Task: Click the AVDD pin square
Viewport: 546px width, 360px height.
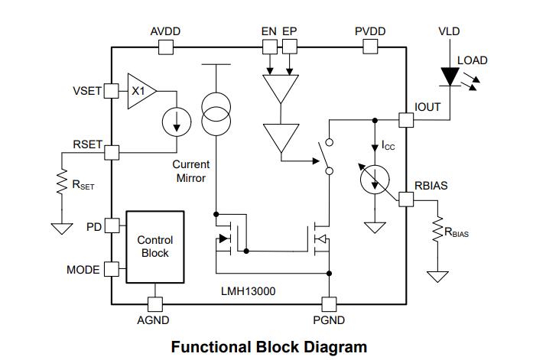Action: [x=165, y=47]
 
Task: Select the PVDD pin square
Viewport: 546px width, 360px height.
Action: [x=371, y=47]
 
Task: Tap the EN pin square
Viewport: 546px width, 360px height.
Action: [x=269, y=47]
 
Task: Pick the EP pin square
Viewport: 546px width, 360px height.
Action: [x=289, y=47]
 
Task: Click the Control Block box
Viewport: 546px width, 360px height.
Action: [x=155, y=246]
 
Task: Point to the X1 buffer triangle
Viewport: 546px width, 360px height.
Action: [x=140, y=91]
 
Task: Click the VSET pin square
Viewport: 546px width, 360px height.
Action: [x=111, y=91]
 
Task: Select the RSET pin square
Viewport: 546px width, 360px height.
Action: [x=112, y=151]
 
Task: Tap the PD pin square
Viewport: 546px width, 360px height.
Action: [x=112, y=225]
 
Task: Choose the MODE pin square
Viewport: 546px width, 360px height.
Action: [x=112, y=268]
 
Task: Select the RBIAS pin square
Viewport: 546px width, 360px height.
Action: [x=407, y=199]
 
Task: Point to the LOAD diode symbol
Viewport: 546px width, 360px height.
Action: [x=450, y=76]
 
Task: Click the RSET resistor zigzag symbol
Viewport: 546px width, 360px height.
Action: [x=59, y=184]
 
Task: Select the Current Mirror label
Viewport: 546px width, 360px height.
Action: [x=190, y=171]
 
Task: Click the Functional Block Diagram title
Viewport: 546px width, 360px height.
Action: [x=269, y=347]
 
